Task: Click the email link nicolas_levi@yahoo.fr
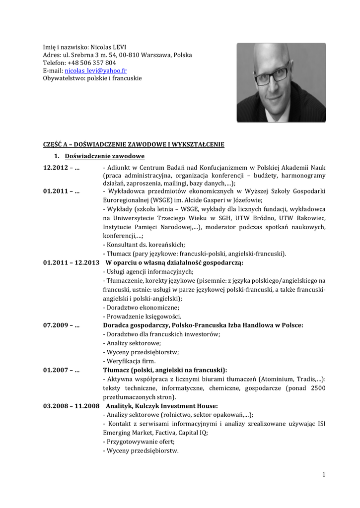(x=95, y=71)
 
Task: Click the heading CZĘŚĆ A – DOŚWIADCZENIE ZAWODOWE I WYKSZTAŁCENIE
(x=134, y=144)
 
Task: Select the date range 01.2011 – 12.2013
(x=71, y=262)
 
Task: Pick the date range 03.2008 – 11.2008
(x=71, y=406)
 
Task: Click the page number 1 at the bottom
(x=323, y=475)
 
